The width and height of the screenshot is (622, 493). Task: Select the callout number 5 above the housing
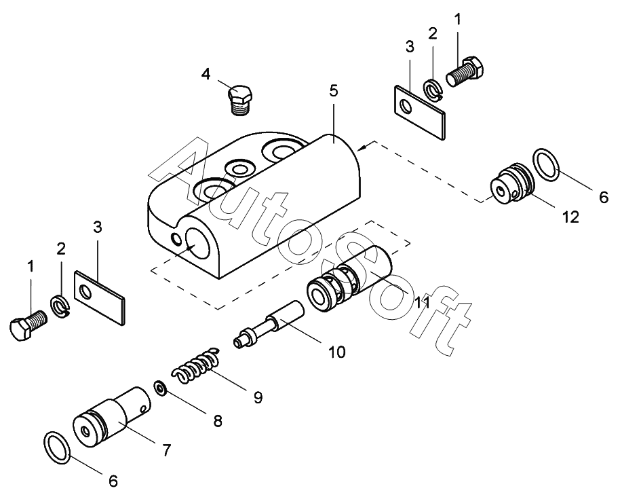pyautogui.click(x=334, y=90)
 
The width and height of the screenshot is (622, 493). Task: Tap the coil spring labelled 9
pyautogui.click(x=195, y=365)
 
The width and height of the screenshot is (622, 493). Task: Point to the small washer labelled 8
pyautogui.click(x=160, y=388)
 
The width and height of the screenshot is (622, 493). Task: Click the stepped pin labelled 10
pyautogui.click(x=269, y=324)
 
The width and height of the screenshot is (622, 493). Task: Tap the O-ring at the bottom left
pyautogui.click(x=58, y=448)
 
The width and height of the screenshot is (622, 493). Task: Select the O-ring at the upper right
pyautogui.click(x=546, y=164)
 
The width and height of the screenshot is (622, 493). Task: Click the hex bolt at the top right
pyautogui.click(x=465, y=71)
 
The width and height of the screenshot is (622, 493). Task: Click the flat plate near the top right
pyautogui.click(x=420, y=112)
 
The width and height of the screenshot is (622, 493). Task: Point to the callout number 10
pyautogui.click(x=337, y=352)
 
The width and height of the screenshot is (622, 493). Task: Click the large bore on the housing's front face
pyautogui.click(x=197, y=244)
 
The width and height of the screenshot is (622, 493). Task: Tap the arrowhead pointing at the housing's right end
pyautogui.click(x=362, y=148)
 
